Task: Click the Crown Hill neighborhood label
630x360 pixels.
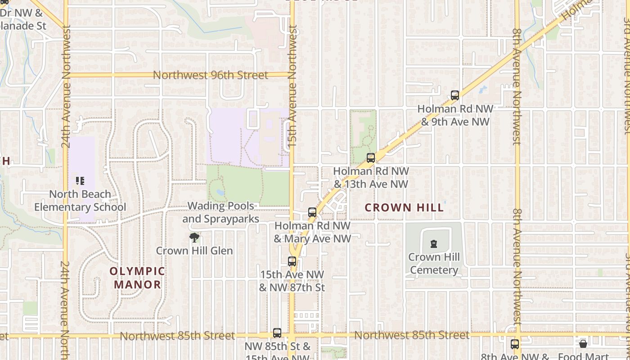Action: [x=404, y=207]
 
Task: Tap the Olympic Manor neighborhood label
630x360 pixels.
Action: [x=138, y=278]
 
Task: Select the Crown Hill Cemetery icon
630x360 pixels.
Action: [x=434, y=244]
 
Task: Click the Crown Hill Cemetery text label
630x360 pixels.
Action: [x=434, y=264]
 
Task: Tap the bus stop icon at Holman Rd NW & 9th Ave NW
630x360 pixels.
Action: [x=455, y=95]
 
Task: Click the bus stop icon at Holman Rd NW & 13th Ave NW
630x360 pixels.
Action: [x=371, y=158]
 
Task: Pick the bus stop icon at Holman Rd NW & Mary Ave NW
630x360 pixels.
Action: [x=312, y=212]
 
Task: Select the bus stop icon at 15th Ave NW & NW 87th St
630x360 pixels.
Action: [x=292, y=261]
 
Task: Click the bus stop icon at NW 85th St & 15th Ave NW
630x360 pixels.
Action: [x=277, y=333]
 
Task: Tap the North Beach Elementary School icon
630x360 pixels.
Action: [x=80, y=181]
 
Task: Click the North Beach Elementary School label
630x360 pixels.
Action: [x=80, y=201]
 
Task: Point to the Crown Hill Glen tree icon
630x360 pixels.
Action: [x=194, y=238]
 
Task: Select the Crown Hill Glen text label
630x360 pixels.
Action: [x=194, y=251]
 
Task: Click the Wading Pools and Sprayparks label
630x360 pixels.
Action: [x=220, y=212]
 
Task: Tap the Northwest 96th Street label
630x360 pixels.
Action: [x=211, y=75]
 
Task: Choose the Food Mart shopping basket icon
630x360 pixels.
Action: [x=583, y=344]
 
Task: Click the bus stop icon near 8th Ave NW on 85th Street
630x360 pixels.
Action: [x=515, y=344]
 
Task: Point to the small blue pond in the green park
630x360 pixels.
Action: [x=220, y=192]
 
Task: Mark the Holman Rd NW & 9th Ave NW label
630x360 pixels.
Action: [x=455, y=115]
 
